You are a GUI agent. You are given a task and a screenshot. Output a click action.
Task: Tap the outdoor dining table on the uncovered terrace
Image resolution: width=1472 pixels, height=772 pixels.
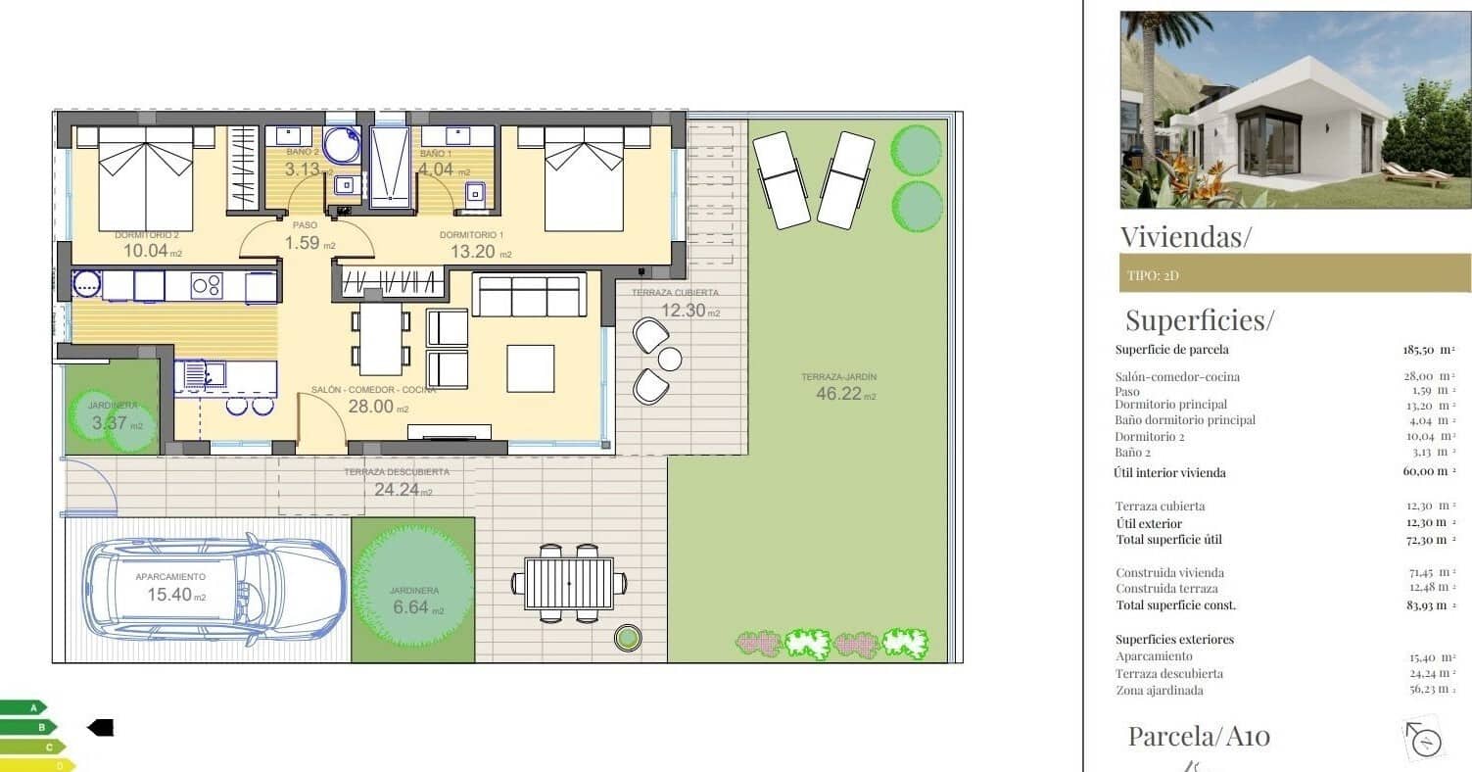click(569, 583)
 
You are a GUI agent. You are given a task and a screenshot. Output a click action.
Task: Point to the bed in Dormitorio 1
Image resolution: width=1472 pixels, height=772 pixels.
click(584, 179)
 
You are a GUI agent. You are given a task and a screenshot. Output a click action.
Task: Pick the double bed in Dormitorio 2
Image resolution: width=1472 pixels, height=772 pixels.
click(146, 179)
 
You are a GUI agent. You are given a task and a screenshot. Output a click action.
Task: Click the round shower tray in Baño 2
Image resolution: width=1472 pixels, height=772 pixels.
click(342, 145)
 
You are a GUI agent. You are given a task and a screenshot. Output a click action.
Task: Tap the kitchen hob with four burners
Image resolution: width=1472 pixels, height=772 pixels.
click(206, 285)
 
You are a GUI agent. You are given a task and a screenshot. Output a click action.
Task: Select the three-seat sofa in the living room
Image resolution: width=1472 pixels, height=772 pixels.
click(529, 295)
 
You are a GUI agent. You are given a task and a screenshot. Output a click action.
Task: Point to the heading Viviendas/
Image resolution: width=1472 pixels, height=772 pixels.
click(1185, 236)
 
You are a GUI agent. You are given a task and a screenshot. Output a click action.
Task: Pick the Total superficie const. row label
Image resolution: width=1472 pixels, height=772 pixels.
click(1175, 605)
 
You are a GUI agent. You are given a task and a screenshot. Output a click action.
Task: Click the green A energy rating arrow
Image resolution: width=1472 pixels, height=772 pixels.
click(24, 706)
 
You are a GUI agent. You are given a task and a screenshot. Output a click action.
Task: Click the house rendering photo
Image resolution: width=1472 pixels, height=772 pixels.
click(1295, 109)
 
